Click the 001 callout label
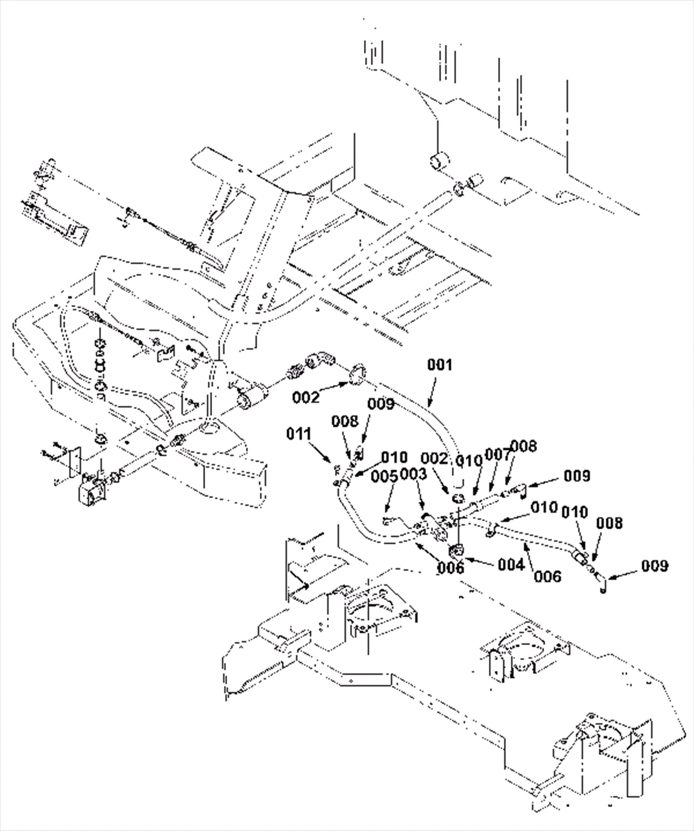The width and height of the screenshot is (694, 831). coord(439,365)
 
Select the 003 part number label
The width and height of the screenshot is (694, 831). coord(414,474)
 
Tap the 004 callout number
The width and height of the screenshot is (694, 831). coord(512,565)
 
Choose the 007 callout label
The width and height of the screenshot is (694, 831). coord(498,455)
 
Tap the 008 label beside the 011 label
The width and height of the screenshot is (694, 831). coord(345,421)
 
